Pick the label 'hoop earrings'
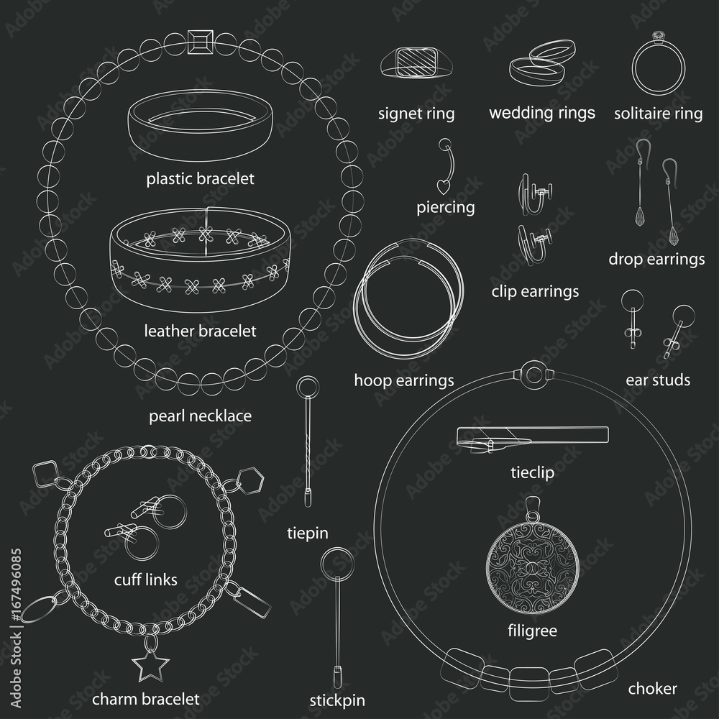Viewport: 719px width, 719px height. (403, 380)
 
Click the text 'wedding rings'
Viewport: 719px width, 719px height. (542, 113)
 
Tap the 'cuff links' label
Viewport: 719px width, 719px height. (145, 580)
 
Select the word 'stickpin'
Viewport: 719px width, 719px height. (336, 700)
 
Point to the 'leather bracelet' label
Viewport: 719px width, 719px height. (200, 331)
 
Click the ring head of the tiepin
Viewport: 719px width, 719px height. (308, 384)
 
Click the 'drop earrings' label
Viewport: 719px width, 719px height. (656, 259)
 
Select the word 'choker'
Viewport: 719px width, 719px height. (652, 689)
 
